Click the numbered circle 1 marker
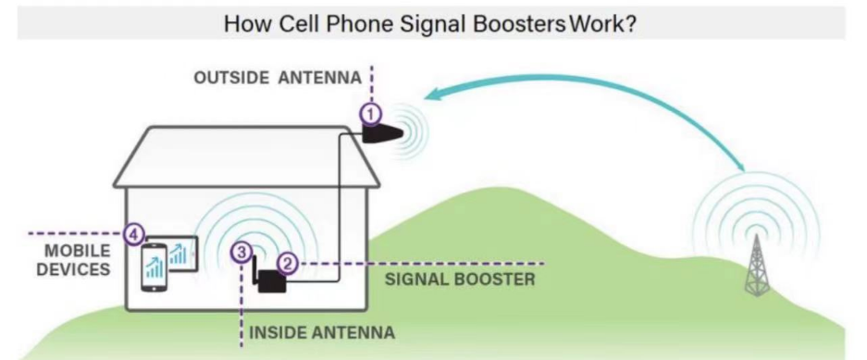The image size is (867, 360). pos(371,115)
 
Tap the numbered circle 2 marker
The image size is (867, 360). pos(287,263)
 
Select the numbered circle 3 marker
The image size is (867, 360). pos(242,253)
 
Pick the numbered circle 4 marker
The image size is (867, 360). pos(132,234)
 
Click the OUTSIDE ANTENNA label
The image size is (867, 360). pos(278,78)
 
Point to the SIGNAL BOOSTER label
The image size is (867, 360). pos(460,279)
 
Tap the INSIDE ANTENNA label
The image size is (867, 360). pos(322,333)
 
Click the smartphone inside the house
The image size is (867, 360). pos(155,267)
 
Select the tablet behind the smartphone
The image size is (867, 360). pos(180,254)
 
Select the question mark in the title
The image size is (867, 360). pos(630,25)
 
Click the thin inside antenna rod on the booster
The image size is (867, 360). pos(254,269)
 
